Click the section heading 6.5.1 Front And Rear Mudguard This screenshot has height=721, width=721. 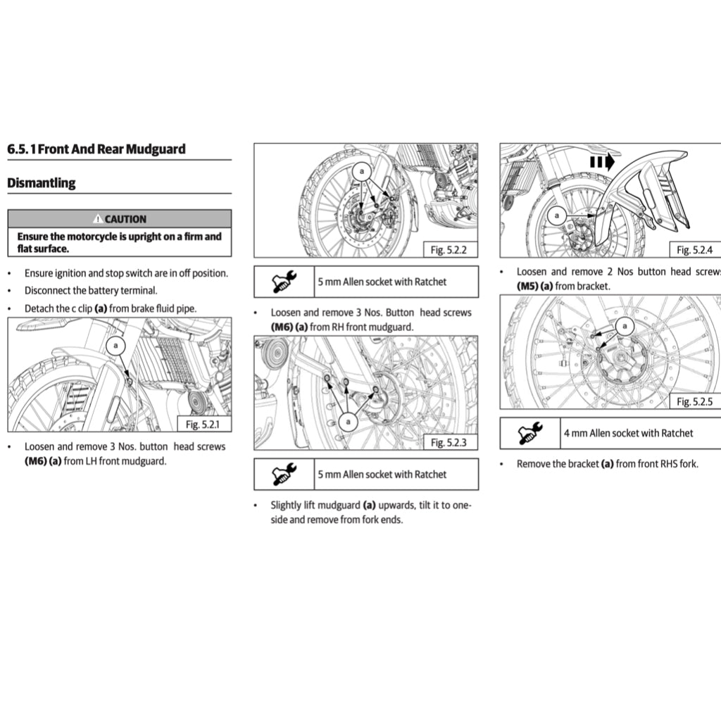[x=96, y=149]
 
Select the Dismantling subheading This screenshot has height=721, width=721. [x=41, y=183]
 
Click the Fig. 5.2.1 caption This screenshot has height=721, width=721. [x=203, y=424]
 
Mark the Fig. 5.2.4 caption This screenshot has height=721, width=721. [x=694, y=250]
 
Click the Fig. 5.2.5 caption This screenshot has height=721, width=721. [x=694, y=401]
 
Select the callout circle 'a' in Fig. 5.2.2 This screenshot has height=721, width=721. [x=362, y=171]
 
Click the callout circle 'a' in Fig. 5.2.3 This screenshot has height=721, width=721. [x=349, y=421]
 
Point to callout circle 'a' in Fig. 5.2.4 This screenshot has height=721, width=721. [x=558, y=215]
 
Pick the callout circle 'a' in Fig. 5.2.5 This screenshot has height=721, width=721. [x=624, y=325]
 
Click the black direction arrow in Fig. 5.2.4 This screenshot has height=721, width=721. [x=602, y=161]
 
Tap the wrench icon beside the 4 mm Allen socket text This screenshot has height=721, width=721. [x=530, y=434]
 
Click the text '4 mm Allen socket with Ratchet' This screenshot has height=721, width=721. [x=628, y=434]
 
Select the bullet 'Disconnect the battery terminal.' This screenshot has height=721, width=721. [x=91, y=291]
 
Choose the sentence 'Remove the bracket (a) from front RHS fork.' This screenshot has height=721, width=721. [x=607, y=464]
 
